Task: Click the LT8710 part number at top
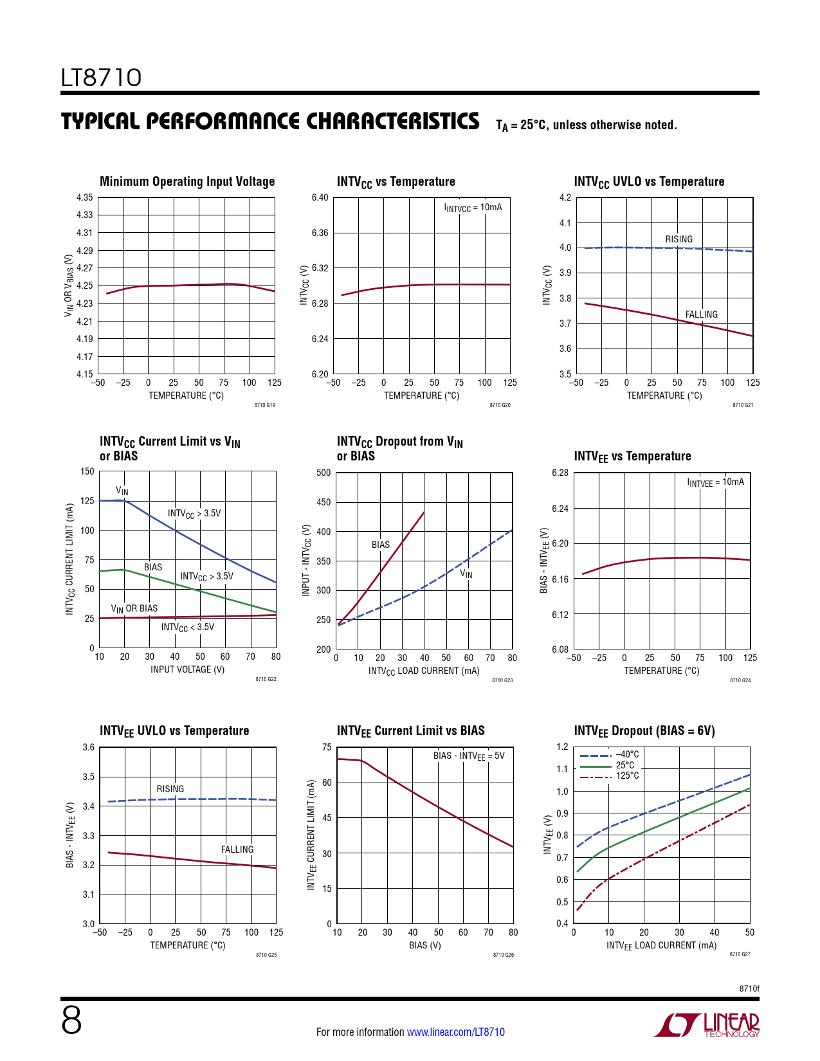[x=101, y=78]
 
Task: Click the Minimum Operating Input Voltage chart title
[x=187, y=182]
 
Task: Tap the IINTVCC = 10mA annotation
[x=473, y=208]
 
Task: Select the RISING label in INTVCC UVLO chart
[x=679, y=239]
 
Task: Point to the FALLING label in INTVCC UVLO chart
[x=701, y=314]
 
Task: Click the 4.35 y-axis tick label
[x=84, y=197]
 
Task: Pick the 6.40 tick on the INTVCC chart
[x=320, y=197]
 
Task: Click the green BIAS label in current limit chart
[x=153, y=567]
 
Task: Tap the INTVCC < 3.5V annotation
[x=188, y=628]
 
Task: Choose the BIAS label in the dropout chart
[x=381, y=545]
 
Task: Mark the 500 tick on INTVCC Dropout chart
[x=323, y=473]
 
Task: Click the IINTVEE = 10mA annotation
[x=715, y=482]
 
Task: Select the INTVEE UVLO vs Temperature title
[x=174, y=731]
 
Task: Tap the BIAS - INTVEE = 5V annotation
[x=469, y=756]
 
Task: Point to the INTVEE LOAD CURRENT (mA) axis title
[x=661, y=946]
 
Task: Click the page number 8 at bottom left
[x=71, y=1021]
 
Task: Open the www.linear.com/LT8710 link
[x=455, y=1032]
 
